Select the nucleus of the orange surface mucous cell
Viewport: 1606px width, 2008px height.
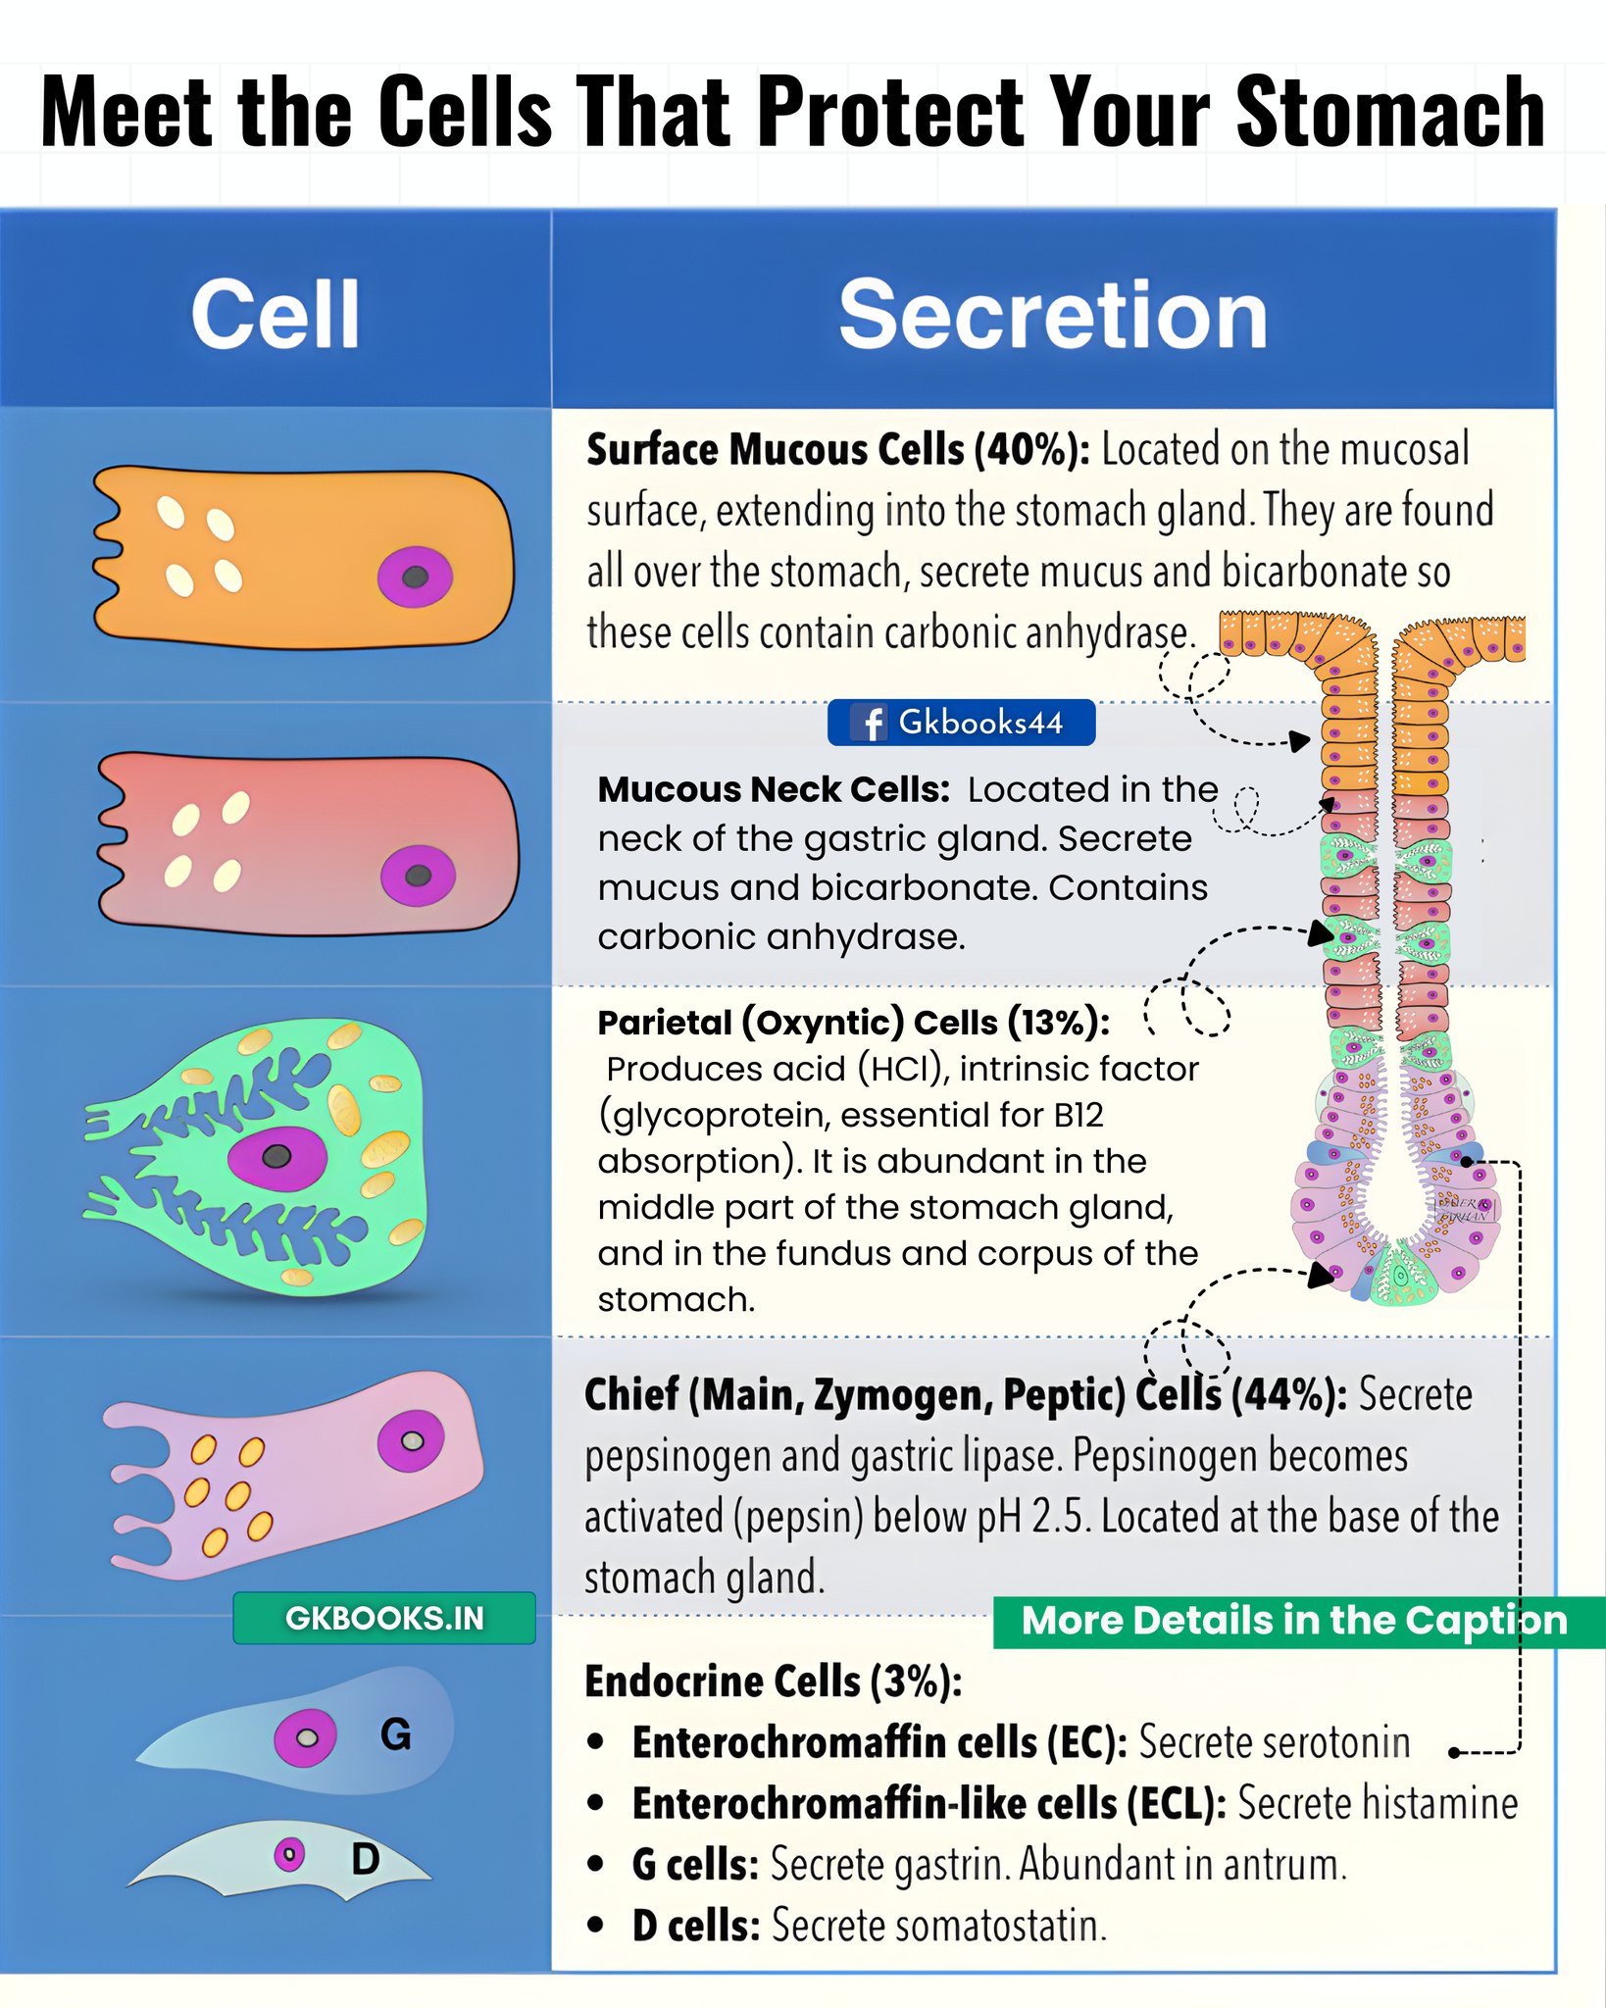click(x=416, y=577)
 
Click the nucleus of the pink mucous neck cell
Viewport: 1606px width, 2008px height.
click(x=418, y=876)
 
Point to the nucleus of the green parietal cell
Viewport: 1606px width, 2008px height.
click(x=277, y=1157)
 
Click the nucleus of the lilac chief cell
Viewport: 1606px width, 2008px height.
click(x=411, y=1440)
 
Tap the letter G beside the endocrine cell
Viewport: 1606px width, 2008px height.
click(x=395, y=1735)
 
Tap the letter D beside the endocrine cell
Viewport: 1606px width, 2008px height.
click(x=365, y=1859)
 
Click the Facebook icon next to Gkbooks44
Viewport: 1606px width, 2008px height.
click(x=870, y=723)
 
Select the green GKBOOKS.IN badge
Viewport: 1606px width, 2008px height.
click(x=384, y=1618)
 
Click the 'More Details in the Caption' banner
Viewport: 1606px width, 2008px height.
click(x=1298, y=1622)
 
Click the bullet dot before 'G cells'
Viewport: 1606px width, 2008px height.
click(x=595, y=1864)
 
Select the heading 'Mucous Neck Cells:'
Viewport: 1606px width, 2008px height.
click(x=774, y=789)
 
